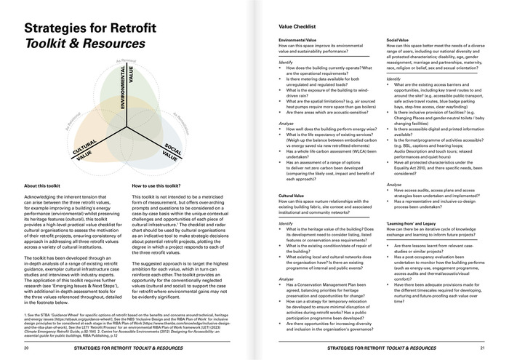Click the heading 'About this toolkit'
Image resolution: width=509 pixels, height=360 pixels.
coord(48,185)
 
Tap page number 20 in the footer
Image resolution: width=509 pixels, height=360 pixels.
coord(27,348)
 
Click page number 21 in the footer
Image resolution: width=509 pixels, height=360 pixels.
coord(482,348)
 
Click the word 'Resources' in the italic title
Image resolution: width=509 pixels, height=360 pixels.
coord(113,44)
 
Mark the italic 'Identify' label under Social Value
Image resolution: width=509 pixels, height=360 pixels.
coord(393,78)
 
